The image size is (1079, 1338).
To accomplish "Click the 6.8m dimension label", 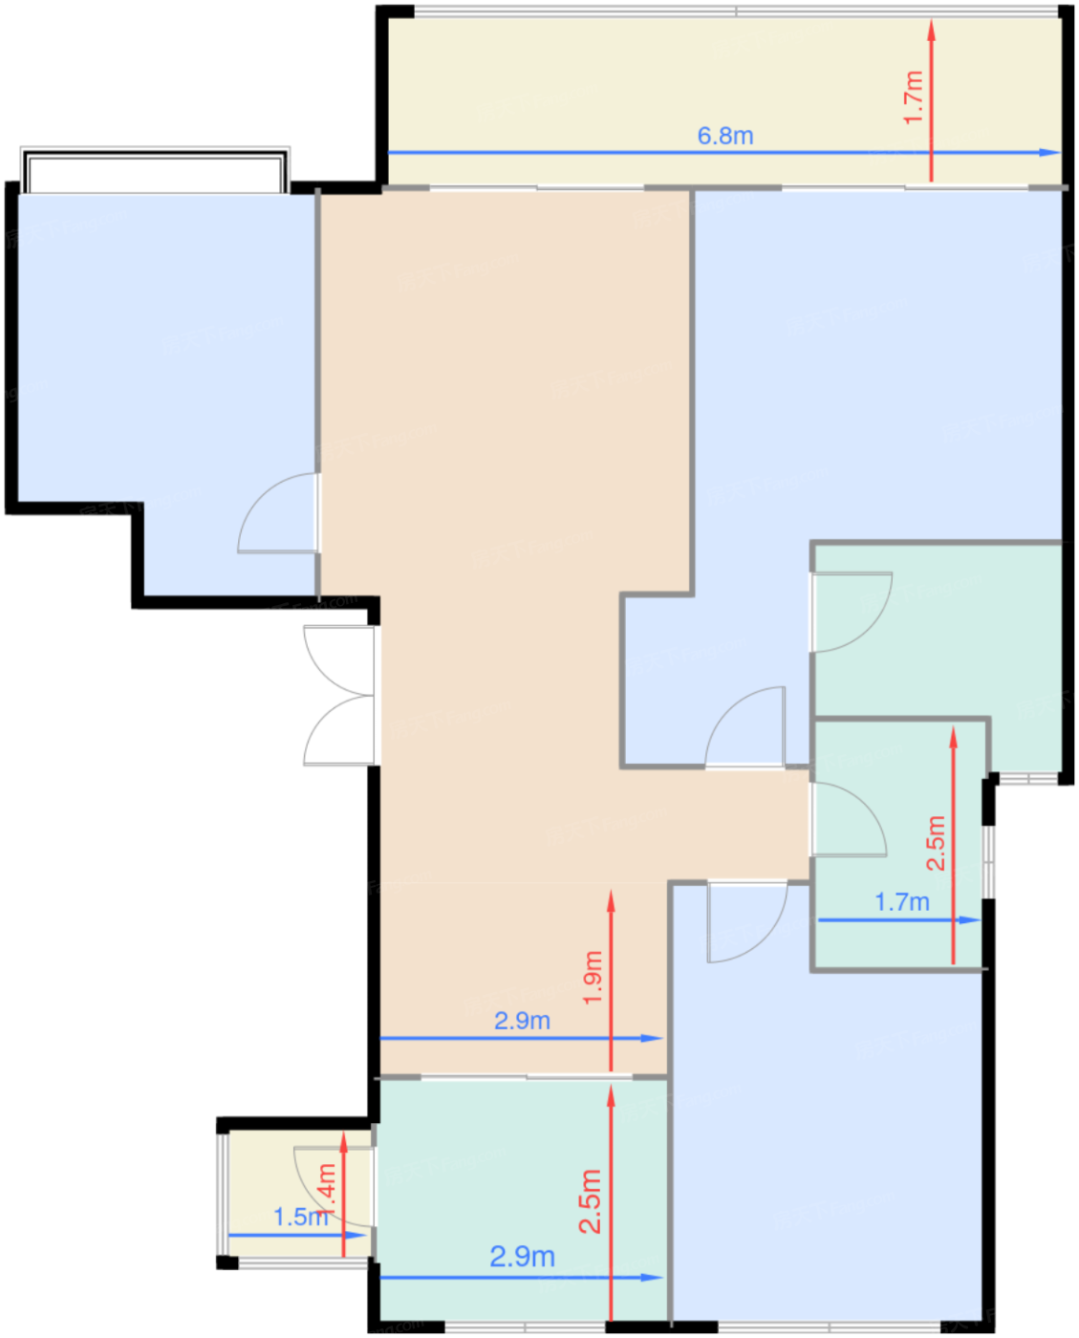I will coord(724,136).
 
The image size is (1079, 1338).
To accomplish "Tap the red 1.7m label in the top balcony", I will coord(914,97).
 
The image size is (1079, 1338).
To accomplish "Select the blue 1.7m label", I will coord(901,901).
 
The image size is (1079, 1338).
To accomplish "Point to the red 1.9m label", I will coord(593,976).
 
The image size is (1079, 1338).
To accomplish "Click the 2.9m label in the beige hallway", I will coord(522,1021).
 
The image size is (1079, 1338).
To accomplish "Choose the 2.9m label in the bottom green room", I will coord(522,1256).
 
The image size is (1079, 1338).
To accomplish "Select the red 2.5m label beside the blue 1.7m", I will coord(936,843).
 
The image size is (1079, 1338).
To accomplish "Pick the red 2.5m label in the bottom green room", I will coord(591,1200).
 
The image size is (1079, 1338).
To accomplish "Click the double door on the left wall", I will coord(339,696).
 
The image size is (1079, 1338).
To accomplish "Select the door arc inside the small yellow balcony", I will coord(330,1185).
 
